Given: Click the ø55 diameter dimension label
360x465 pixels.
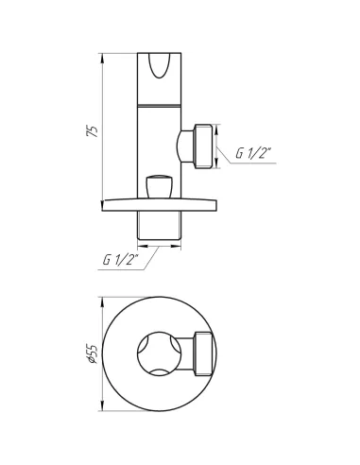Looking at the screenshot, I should (x=92, y=353).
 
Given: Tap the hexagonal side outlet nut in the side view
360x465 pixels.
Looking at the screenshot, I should (x=203, y=146).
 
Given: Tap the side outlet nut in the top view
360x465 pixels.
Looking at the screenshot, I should (x=204, y=353).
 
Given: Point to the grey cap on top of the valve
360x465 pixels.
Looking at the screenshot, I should (x=159, y=48).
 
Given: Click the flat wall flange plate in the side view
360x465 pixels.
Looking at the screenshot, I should (x=159, y=204).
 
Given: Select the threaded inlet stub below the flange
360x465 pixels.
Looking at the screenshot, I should (x=159, y=225).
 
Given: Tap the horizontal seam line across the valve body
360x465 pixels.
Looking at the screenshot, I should (x=159, y=104).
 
